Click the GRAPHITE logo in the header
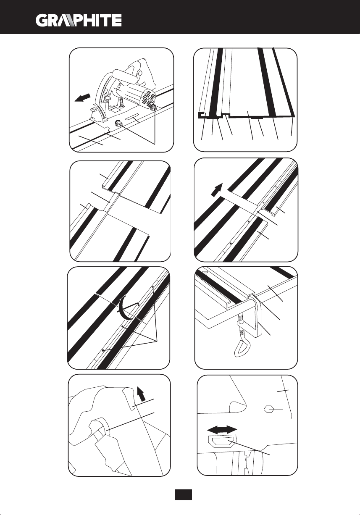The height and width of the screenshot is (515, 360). point(79,20)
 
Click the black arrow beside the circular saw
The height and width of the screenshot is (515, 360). point(82,97)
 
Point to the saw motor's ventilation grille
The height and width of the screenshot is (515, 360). point(148,96)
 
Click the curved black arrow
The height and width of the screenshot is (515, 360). point(123,308)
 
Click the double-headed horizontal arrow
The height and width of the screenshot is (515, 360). point(222,429)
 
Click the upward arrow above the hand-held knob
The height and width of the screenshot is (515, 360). point(141,394)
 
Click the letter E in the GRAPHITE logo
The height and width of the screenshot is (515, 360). point(116,20)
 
